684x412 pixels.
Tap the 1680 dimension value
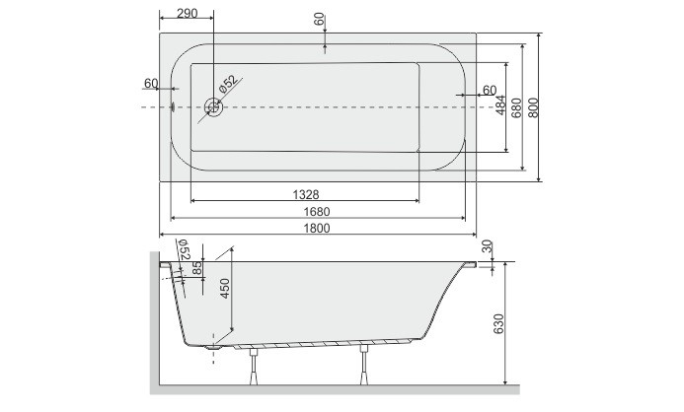316,211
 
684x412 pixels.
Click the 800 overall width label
534,106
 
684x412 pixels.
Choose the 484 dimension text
500,103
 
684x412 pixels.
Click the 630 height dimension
499,323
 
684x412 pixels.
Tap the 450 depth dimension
225,289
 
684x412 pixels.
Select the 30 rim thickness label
487,246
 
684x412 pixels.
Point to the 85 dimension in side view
198,266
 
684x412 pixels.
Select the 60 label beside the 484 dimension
488,90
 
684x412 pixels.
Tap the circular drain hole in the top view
212,106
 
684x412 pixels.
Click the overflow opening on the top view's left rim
173,105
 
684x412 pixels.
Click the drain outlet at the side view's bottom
214,348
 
